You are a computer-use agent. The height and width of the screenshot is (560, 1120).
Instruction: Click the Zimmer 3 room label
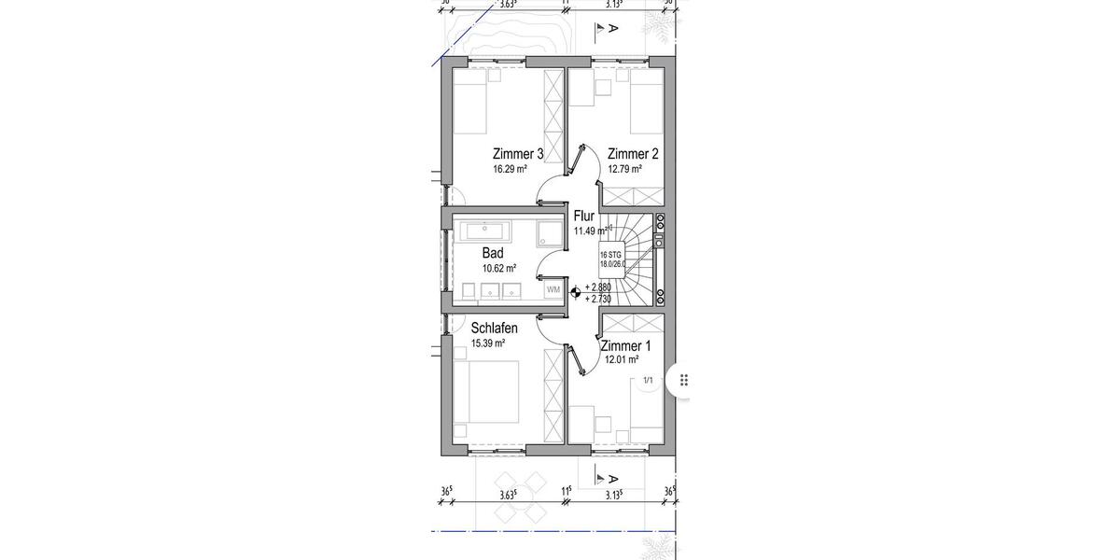point(518,154)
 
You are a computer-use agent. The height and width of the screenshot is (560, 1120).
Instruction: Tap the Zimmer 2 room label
point(633,154)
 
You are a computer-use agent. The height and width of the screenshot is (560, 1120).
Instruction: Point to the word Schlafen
point(495,329)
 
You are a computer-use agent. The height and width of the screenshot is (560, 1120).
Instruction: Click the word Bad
point(493,253)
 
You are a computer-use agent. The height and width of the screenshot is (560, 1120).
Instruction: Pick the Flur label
point(584,217)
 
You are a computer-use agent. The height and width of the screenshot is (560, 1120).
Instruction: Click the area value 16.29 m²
point(511,170)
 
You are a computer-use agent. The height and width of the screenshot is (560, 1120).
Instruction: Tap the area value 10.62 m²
point(499,268)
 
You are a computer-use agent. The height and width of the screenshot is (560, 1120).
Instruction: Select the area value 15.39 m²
point(488,343)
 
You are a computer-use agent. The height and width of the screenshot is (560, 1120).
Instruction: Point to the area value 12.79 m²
point(624,170)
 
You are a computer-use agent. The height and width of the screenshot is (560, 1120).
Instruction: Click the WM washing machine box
point(553,289)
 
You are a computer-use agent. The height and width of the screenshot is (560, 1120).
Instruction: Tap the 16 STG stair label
point(610,255)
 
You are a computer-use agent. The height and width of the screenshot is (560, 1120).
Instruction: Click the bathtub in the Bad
point(490,229)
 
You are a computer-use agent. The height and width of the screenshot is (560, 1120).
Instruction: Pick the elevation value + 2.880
point(598,288)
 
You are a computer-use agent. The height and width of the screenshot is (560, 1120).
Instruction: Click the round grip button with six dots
point(684,380)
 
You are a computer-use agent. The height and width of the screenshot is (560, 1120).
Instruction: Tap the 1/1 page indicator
point(648,381)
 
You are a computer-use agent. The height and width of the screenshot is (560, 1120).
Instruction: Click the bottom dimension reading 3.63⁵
point(509,496)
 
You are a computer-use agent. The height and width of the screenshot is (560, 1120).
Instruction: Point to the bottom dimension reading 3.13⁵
point(613,496)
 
